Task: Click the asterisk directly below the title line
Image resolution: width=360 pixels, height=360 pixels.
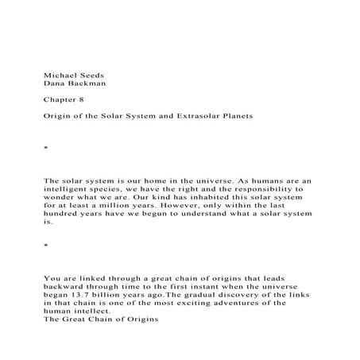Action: (x=46, y=149)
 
